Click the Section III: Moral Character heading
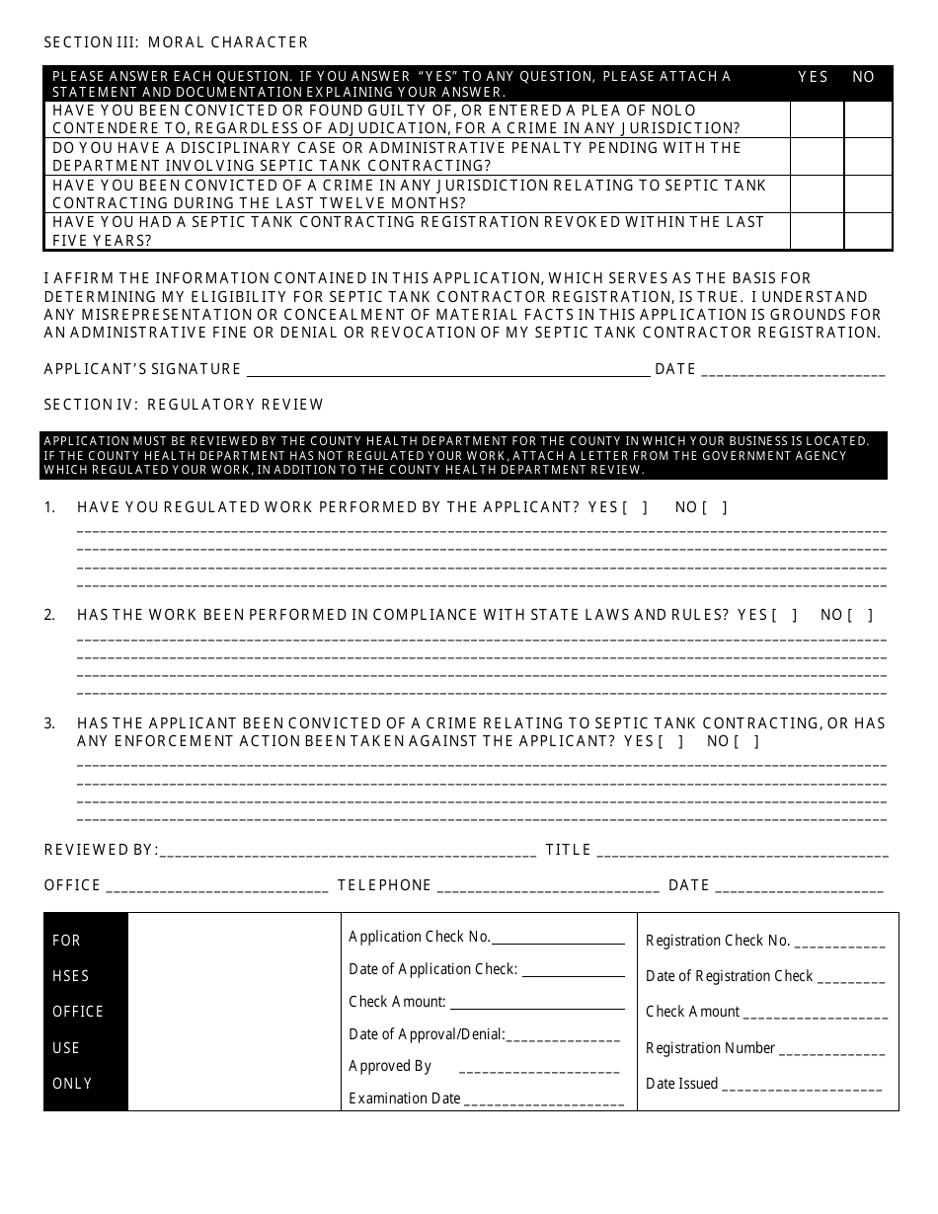pos(176,42)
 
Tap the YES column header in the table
pos(813,77)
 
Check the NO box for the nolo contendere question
pos(868,119)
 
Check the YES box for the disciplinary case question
pos(817,157)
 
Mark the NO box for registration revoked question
pos(868,231)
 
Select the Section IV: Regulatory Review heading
pos(184,405)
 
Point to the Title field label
pos(568,850)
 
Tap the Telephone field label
pos(384,885)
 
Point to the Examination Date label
pos(405,1099)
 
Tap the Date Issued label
pos(681,1084)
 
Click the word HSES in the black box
pos(71,976)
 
